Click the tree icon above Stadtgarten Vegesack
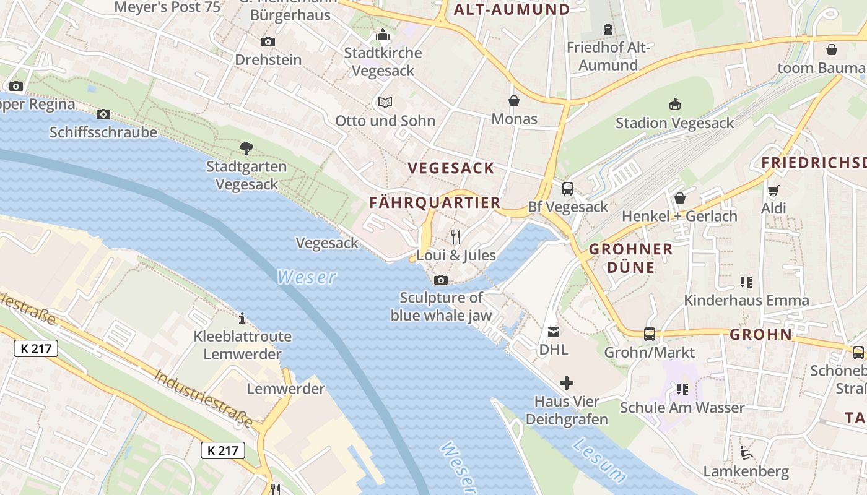[x=246, y=148]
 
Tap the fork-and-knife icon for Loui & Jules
[x=456, y=236]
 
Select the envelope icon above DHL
[x=553, y=332]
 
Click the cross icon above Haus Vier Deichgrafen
[x=566, y=383]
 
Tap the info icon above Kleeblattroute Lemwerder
[x=242, y=318]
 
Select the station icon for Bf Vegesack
[x=567, y=189]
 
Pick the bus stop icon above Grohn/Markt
[x=649, y=334]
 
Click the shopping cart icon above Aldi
[x=773, y=190]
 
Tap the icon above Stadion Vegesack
[x=674, y=104]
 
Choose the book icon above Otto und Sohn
[x=385, y=102]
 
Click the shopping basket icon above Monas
[x=514, y=100]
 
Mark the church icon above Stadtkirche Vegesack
[x=383, y=35]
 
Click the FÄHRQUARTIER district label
[x=435, y=202]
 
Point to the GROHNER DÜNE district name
[x=630, y=258]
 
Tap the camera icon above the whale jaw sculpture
[x=441, y=280]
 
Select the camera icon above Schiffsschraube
[x=103, y=114]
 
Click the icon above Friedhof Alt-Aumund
[x=608, y=29]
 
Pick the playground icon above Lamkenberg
[x=746, y=453]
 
